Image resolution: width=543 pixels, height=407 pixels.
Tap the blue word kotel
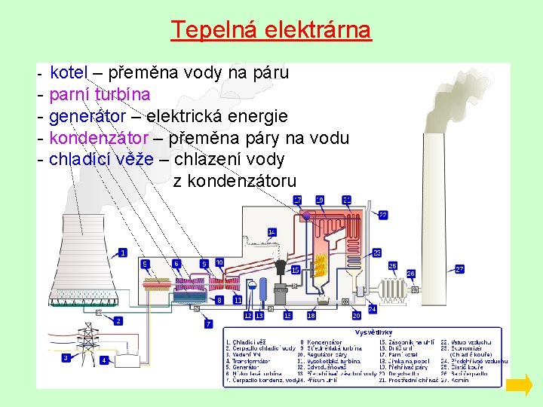69,73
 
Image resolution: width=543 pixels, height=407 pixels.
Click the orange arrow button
519,386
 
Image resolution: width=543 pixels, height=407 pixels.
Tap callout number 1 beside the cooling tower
123,252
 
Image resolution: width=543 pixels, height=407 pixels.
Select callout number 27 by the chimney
459,268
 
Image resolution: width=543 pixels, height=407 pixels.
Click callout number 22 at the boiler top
383,215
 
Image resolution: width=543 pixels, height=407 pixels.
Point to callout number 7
209,323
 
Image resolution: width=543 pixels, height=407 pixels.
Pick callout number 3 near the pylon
66,357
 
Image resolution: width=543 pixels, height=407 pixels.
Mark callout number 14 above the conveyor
271,231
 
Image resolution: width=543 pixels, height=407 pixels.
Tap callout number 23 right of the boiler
376,252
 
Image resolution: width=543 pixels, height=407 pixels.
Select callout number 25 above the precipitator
392,266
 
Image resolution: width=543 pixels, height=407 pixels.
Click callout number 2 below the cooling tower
118,320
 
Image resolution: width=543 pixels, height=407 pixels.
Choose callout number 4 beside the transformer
104,360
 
